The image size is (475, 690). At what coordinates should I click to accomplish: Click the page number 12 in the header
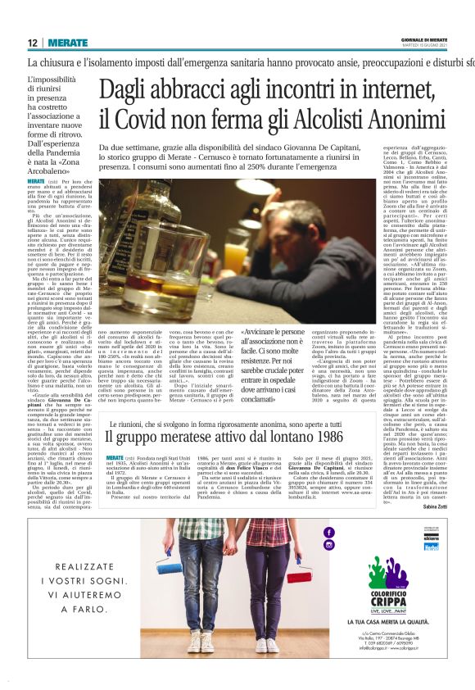(x=32, y=43)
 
